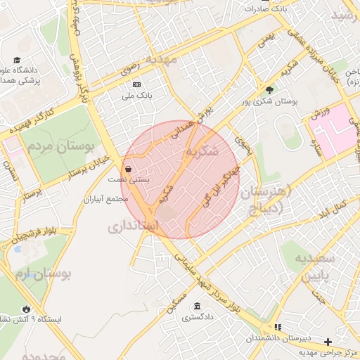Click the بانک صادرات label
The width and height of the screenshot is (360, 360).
(x=262, y=9)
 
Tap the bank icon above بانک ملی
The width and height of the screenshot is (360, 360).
(x=136, y=84)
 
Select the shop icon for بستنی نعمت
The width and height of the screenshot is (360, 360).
(x=128, y=169)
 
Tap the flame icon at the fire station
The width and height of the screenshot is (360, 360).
(x=27, y=308)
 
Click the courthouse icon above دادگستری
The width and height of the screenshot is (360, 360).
(x=196, y=307)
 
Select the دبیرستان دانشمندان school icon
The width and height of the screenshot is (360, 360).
(x=278, y=328)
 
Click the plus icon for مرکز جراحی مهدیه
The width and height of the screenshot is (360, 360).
(x=328, y=342)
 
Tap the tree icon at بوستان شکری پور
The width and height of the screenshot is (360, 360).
(x=269, y=89)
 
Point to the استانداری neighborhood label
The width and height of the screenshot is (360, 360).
(x=136, y=226)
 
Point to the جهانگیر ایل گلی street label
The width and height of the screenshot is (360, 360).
(x=217, y=184)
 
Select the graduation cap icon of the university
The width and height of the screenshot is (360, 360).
(x=17, y=60)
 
